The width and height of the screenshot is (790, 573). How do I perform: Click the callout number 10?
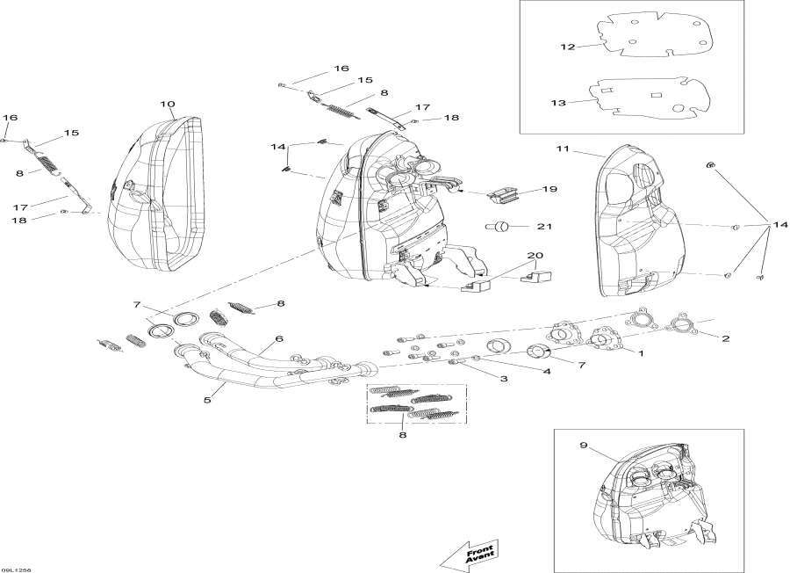[167, 105]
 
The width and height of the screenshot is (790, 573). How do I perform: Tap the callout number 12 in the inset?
[568, 47]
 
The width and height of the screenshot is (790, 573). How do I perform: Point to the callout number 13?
[559, 103]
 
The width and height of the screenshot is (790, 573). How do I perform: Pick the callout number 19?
[549, 189]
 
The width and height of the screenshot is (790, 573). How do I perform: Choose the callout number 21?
[544, 227]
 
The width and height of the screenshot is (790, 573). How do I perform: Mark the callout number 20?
[535, 256]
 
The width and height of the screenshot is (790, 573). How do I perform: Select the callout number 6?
[278, 338]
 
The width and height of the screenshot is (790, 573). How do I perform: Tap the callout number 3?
[504, 379]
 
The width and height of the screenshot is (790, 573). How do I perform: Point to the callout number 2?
[725, 337]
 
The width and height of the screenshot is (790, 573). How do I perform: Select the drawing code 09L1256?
[18, 567]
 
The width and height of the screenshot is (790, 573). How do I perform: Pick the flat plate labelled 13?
[646, 97]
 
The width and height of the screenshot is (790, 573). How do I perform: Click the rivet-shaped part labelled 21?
[498, 227]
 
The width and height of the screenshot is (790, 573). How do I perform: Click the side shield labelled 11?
[641, 220]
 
